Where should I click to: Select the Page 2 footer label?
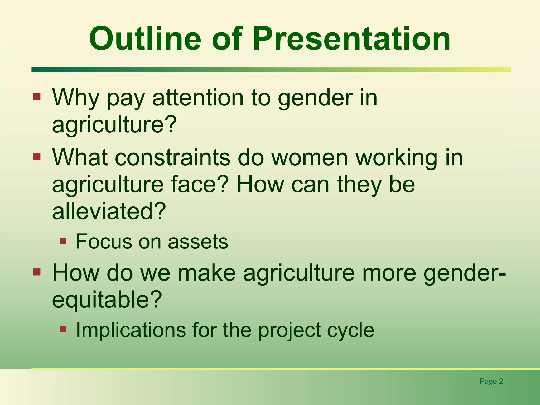click(x=491, y=381)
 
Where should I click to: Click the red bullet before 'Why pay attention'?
click(x=37, y=97)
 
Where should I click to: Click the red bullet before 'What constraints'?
click(x=37, y=157)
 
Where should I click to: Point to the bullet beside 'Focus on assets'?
click(x=63, y=241)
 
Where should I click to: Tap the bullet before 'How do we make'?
click(x=37, y=272)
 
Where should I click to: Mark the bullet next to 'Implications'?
click(x=63, y=329)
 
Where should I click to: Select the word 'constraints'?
click(x=172, y=157)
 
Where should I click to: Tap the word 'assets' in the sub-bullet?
click(x=198, y=242)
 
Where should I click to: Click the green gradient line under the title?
click(x=271, y=70)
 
